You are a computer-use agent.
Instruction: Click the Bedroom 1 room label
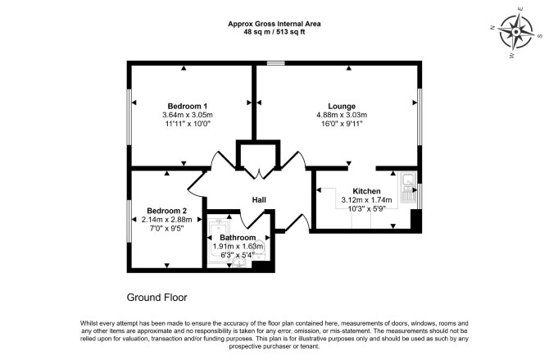pyautogui.click(x=188, y=107)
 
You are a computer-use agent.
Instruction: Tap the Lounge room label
pyautogui.click(x=342, y=107)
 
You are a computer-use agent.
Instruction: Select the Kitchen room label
pyautogui.click(x=366, y=191)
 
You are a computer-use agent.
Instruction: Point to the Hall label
pyautogui.click(x=259, y=200)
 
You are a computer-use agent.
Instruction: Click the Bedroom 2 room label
pyautogui.click(x=166, y=211)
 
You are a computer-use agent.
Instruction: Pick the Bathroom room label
pyautogui.click(x=238, y=238)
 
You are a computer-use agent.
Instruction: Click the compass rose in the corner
pyautogui.click(x=516, y=32)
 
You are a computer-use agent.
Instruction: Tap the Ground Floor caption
pyautogui.click(x=157, y=298)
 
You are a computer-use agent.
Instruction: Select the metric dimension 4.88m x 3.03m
pyautogui.click(x=342, y=115)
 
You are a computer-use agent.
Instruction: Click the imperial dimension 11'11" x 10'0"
pyautogui.click(x=188, y=124)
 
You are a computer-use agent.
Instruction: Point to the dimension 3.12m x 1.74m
pyautogui.click(x=366, y=200)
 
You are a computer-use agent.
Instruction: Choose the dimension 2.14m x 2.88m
pyautogui.click(x=166, y=220)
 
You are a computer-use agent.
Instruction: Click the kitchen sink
pyautogui.click(x=408, y=188)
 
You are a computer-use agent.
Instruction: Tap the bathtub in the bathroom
pyautogui.click(x=219, y=242)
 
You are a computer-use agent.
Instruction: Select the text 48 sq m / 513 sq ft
pyautogui.click(x=274, y=32)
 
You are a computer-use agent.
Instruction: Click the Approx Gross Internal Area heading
pyautogui.click(x=274, y=24)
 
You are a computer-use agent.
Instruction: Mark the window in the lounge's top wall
pyautogui.click(x=276, y=63)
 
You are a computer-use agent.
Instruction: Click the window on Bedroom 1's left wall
pyautogui.click(x=129, y=116)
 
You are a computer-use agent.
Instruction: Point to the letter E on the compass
pyautogui.click(x=520, y=9)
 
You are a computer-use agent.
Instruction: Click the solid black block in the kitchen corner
pyautogui.click(x=415, y=220)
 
